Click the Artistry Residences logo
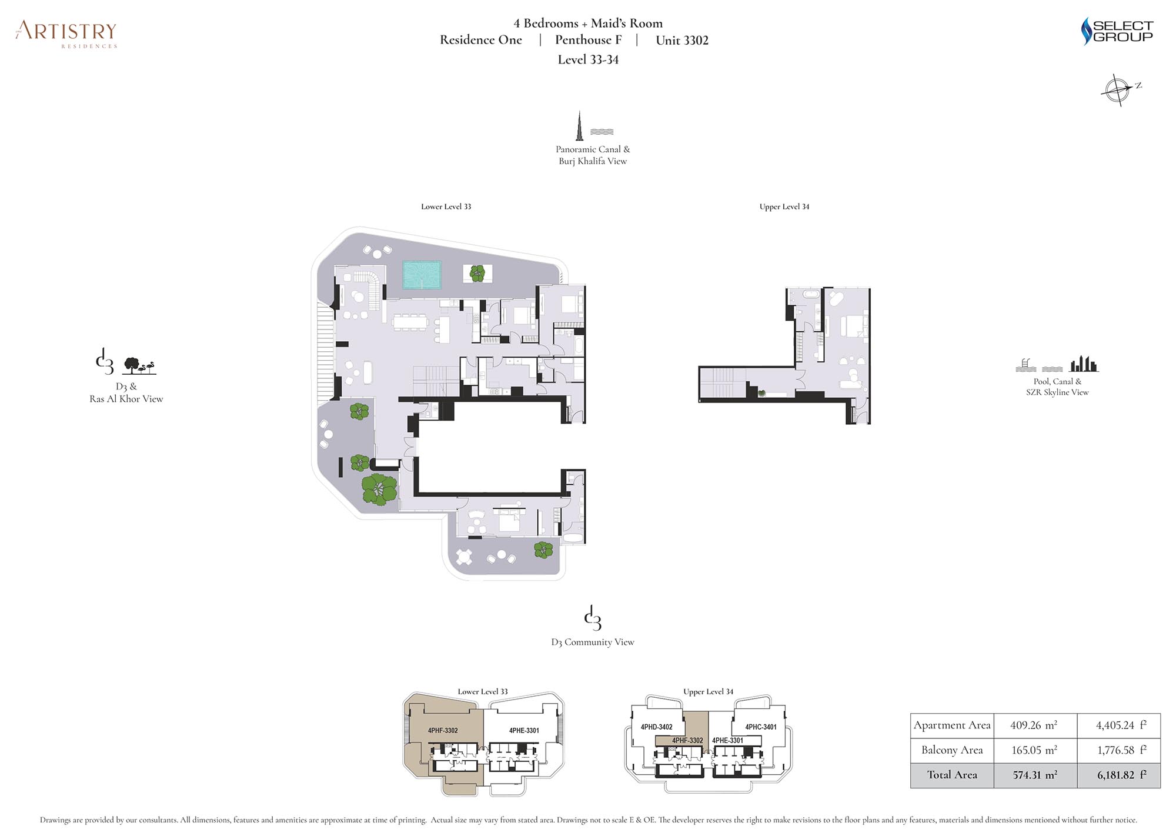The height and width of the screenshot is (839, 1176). click(66, 34)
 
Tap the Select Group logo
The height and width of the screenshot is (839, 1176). click(1117, 31)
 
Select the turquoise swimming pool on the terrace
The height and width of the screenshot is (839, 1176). click(422, 275)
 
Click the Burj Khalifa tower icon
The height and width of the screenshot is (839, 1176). click(579, 125)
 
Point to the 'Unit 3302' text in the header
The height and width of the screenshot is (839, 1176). click(682, 40)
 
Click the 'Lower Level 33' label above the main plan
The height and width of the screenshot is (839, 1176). click(446, 207)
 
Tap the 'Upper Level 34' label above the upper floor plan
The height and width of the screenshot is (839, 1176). click(784, 207)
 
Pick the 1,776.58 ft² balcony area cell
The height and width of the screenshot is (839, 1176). click(1118, 750)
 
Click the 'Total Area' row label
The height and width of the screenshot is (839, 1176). click(952, 775)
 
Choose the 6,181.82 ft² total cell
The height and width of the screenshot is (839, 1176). click(1118, 775)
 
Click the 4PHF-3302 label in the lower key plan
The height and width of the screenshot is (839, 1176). click(443, 731)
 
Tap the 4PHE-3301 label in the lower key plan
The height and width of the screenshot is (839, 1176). click(524, 731)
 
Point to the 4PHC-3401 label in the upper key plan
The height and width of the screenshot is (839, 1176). click(761, 727)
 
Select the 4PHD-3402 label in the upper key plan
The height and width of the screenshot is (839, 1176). click(657, 727)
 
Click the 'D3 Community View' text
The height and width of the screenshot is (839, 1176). click(593, 642)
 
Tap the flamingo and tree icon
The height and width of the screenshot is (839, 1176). click(139, 366)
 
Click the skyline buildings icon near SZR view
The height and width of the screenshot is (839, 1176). click(1084, 364)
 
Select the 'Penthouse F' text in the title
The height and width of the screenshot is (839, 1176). click(588, 40)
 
